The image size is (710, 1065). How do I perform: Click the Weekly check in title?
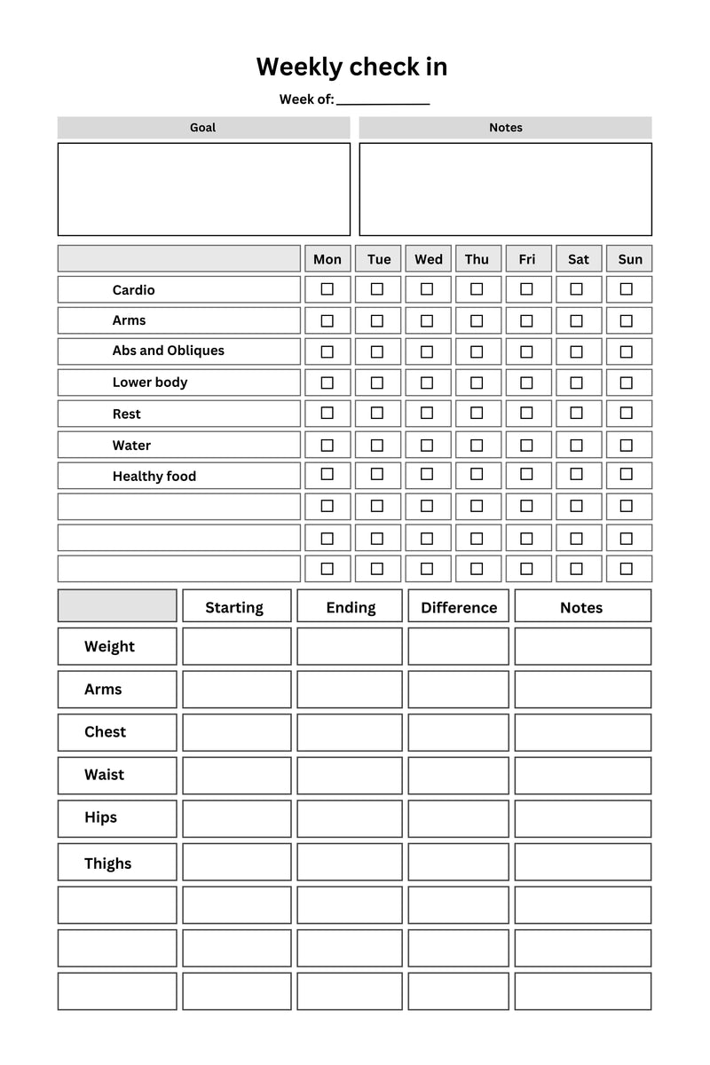[x=351, y=67]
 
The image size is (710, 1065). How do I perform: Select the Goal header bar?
[x=203, y=128]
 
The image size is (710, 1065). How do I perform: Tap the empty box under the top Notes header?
[x=505, y=189]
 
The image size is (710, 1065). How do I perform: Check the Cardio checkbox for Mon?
[x=327, y=289]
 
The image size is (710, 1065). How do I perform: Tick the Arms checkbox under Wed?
[x=427, y=320]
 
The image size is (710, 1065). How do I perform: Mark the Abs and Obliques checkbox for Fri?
[x=526, y=351]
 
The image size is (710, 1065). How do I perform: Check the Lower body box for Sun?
[x=627, y=383]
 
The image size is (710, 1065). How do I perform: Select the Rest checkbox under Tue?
[x=377, y=414]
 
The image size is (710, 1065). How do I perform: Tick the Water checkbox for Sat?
[x=577, y=445]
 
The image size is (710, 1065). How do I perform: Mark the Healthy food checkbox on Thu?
[x=477, y=475]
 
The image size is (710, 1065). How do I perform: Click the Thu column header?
[x=477, y=259]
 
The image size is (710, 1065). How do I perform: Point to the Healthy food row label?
[x=154, y=477]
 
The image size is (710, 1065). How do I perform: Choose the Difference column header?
[x=459, y=607]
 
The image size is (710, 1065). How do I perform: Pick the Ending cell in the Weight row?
[x=350, y=646]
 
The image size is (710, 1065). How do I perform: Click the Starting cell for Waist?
[x=237, y=775]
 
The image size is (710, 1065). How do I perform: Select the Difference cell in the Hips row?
[x=459, y=818]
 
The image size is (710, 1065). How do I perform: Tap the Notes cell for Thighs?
[x=582, y=862]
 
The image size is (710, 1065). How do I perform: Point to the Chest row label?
[x=106, y=732]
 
